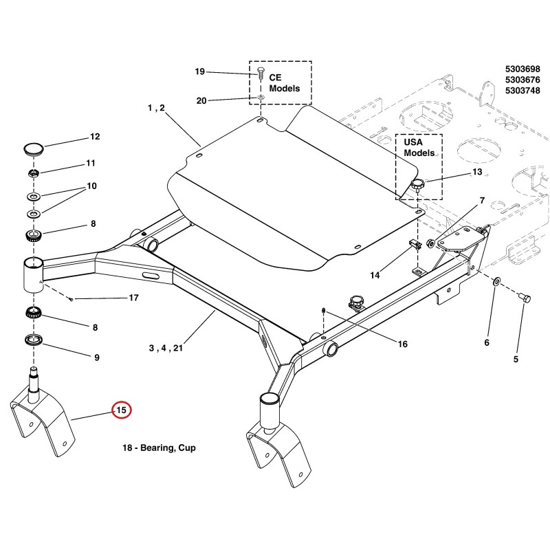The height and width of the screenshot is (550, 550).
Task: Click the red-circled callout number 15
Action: click(121, 410)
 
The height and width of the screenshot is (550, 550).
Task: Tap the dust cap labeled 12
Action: click(34, 148)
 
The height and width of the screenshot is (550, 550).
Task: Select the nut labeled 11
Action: click(33, 173)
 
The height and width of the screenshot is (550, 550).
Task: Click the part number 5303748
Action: click(522, 91)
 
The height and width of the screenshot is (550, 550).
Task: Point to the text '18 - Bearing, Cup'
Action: click(159, 448)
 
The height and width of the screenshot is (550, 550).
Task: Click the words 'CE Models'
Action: click(285, 82)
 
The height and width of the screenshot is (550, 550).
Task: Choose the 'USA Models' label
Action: click(419, 148)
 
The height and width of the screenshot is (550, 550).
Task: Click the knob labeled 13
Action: click(418, 184)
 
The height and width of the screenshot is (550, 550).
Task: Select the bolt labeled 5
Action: click(525, 298)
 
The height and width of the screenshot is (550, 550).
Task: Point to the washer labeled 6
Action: click(496, 281)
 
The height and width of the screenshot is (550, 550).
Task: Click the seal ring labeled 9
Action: click(34, 340)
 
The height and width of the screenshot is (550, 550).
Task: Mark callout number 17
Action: click(133, 298)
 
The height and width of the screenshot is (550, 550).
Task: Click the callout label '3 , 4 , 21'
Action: click(166, 348)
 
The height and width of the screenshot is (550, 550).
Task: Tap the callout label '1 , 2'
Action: click(156, 108)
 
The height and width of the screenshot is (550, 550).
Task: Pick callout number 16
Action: click(403, 344)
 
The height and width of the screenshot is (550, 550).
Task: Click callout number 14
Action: click(375, 276)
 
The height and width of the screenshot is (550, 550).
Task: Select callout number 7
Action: click(483, 200)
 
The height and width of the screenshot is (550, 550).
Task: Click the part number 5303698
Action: click(522, 69)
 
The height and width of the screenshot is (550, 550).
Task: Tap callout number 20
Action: click(201, 101)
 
